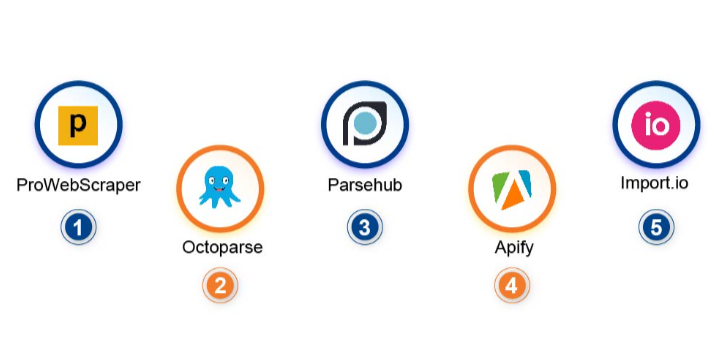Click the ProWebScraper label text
pos(78,185)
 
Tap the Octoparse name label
pos(222,247)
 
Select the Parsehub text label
pos(365,185)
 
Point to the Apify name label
pos(512,247)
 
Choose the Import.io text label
pos(656,185)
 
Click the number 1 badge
pos(78,227)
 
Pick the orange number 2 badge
pos(221,285)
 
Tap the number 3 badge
pos(365,227)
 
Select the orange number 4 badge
pos(512,285)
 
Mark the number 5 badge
pos(656,227)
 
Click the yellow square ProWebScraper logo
pos(78,125)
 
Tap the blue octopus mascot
pos(220,186)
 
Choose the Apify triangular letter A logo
pos(512,188)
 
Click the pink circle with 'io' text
pos(656,125)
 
